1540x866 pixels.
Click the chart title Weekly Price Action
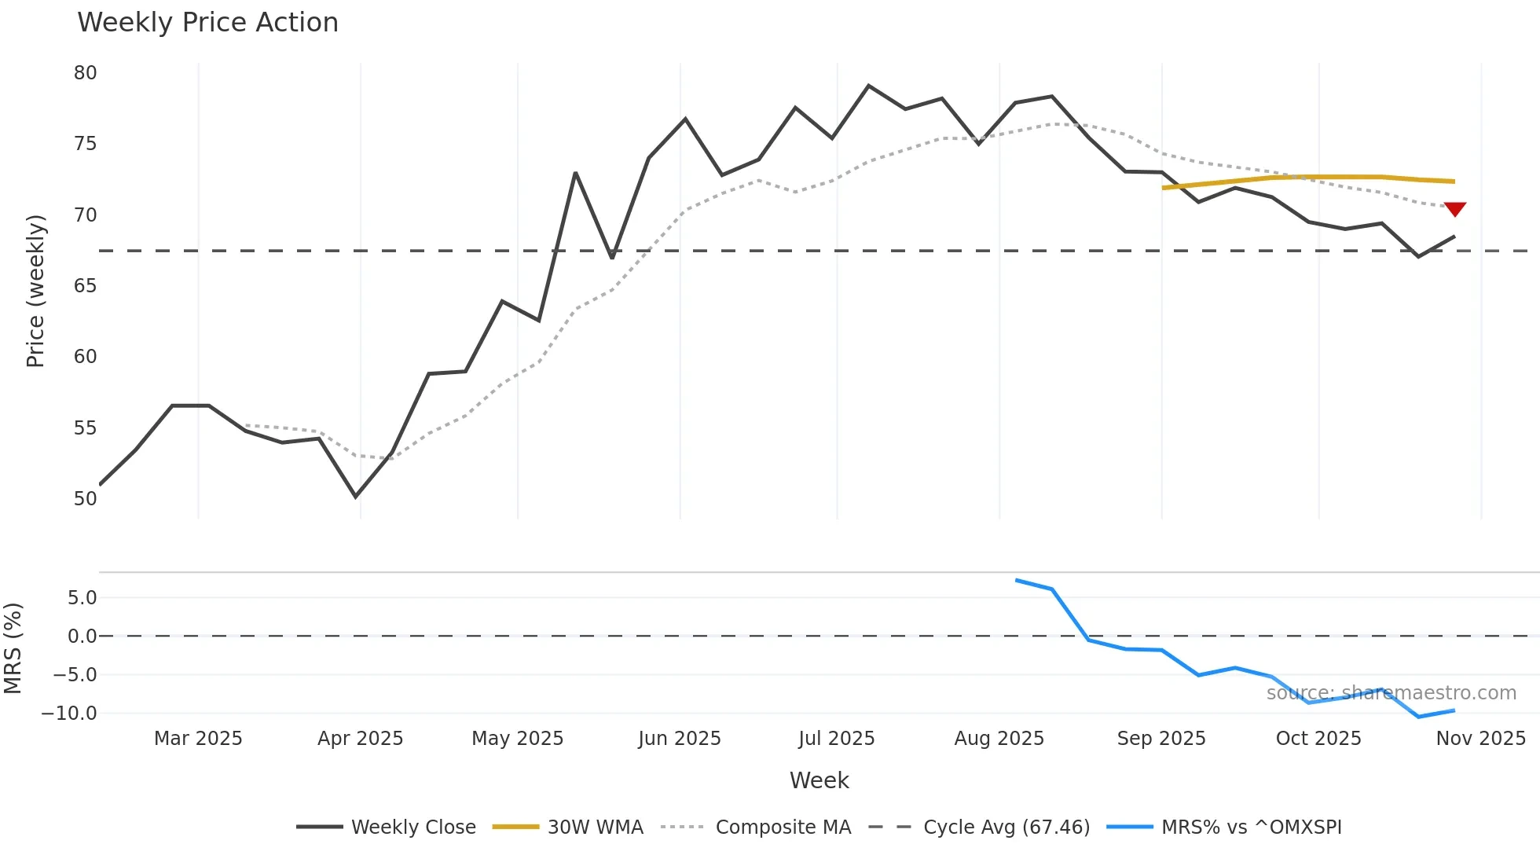point(207,23)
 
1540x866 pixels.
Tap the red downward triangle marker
point(1454,209)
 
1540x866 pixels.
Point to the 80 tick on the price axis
point(85,73)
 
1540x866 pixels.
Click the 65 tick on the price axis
point(85,286)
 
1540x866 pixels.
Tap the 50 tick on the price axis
point(85,499)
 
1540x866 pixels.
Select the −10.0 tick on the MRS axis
point(69,714)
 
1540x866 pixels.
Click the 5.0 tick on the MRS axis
point(82,598)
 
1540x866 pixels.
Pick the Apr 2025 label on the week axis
point(360,739)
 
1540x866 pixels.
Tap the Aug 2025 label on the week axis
point(999,739)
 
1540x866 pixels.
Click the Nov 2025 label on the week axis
point(1480,739)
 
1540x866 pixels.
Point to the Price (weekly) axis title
point(35,291)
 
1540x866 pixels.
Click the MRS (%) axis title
point(13,648)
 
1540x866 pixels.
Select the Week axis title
point(819,780)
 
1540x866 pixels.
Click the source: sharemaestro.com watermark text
point(1391,693)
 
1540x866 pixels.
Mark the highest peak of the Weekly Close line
point(868,86)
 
